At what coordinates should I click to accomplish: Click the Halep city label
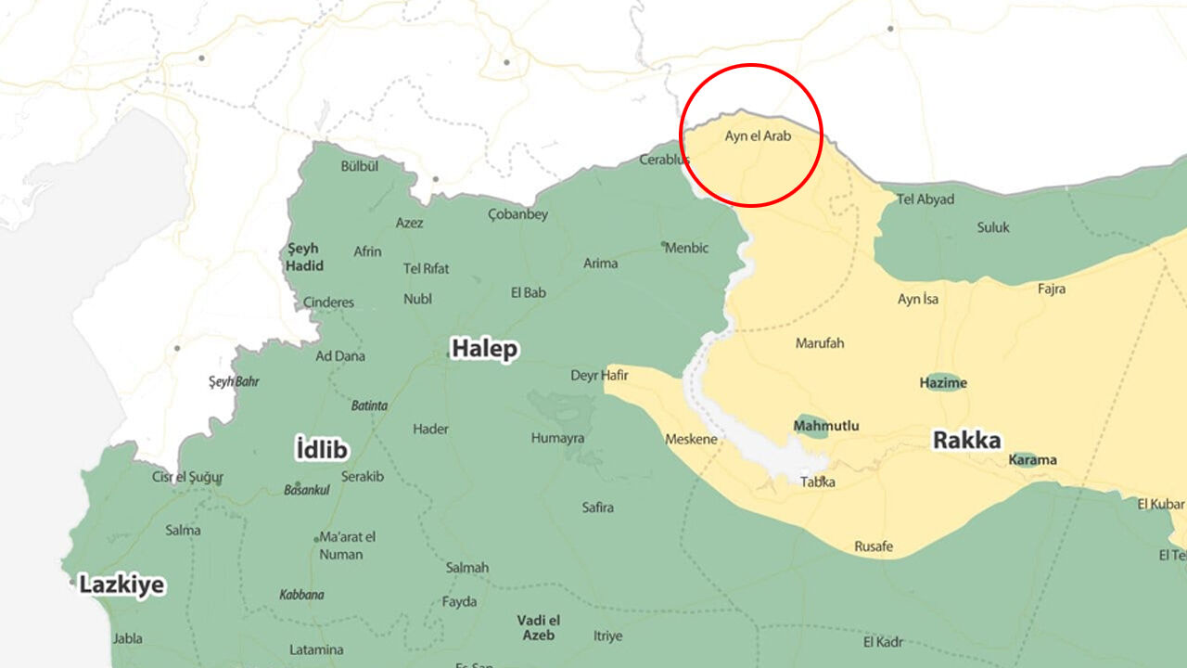coord(484,349)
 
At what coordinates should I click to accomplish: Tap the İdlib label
coord(321,450)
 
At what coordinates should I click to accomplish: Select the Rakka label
coord(967,440)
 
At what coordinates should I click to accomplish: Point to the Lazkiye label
coord(121,584)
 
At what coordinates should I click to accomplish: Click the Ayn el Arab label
coord(758,135)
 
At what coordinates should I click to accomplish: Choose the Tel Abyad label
coord(925,199)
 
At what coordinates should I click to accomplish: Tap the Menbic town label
coord(687,248)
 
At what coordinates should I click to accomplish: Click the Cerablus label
coord(665,160)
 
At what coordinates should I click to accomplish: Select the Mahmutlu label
coord(825,427)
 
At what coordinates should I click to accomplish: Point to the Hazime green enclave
coord(943,383)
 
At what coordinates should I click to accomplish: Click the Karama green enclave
coord(1032,459)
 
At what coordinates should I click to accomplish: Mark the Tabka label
coord(817,482)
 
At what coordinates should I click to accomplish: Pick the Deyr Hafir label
coord(599,376)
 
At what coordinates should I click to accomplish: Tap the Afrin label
coord(367,251)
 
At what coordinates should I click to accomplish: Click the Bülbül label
coord(360,167)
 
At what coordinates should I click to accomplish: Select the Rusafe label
coord(874,546)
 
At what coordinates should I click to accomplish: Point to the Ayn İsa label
coord(917,299)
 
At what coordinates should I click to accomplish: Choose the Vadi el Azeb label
coord(538,628)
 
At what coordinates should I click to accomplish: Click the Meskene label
coord(691,439)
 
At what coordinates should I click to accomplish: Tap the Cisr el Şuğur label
coord(187,477)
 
